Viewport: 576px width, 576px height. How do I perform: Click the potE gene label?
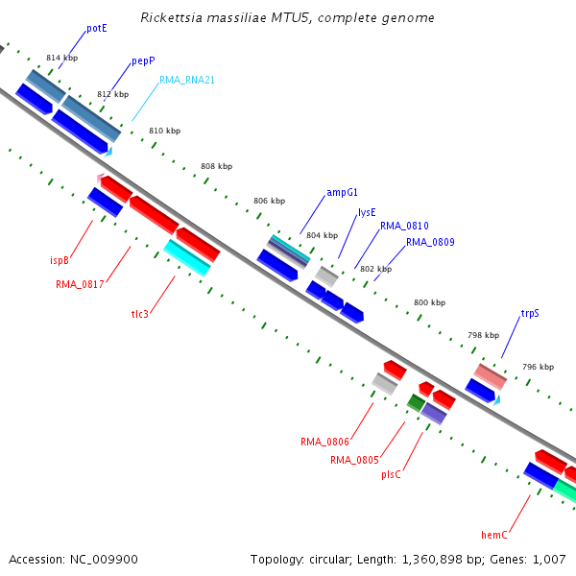click(x=97, y=28)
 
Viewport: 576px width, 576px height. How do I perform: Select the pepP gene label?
click(x=143, y=61)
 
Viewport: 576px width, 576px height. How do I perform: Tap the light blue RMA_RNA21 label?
click(x=187, y=80)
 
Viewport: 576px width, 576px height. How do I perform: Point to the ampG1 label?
click(x=342, y=193)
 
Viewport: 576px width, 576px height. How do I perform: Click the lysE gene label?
click(x=367, y=213)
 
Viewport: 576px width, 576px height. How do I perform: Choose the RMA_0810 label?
click(x=404, y=226)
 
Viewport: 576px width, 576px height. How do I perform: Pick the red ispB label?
click(x=60, y=260)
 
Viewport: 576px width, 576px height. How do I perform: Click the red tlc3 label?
click(x=140, y=314)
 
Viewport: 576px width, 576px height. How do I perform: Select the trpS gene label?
click(x=530, y=313)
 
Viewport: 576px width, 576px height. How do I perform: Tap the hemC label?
click(x=494, y=535)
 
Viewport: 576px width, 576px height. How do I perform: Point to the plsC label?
click(x=391, y=474)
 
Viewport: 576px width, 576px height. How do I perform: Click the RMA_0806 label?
click(x=324, y=442)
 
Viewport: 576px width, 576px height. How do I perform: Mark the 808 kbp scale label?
click(x=216, y=166)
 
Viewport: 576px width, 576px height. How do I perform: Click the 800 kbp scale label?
click(x=429, y=302)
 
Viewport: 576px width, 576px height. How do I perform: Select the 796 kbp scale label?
click(x=538, y=367)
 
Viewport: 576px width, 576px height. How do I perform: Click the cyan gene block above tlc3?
click(x=187, y=257)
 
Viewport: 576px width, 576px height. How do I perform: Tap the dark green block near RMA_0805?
click(x=416, y=402)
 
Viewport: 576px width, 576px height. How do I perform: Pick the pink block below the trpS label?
click(x=490, y=376)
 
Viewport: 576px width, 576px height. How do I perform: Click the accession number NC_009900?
click(x=104, y=560)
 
